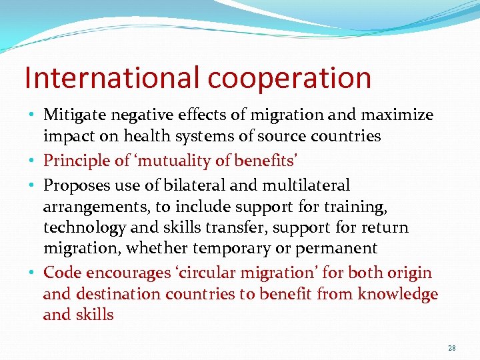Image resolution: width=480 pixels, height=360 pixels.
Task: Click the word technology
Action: coord(85,227)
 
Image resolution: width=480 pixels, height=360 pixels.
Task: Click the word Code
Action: coord(61,273)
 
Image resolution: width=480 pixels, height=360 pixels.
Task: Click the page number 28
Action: coord(452,349)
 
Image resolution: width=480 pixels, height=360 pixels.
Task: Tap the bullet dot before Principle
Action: coord(33,161)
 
